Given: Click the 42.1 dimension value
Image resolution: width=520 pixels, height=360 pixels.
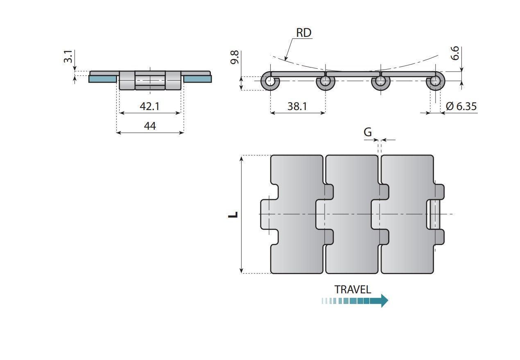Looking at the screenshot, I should point(149,106).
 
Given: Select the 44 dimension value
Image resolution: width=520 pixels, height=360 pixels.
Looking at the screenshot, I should point(150,126).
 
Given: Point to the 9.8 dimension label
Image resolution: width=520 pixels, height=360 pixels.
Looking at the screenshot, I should point(235,57).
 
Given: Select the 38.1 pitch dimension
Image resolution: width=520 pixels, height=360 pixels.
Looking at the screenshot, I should point(297,106).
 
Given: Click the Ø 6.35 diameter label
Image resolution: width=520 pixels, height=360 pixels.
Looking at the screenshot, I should point(461,106).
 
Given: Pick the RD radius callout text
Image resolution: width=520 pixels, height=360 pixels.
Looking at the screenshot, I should point(303,33).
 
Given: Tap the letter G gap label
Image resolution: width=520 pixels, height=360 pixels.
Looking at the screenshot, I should point(368,132).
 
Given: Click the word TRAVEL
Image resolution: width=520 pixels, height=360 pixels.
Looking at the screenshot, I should point(353,290).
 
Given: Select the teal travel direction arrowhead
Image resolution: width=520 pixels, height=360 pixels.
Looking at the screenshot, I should point(384,301).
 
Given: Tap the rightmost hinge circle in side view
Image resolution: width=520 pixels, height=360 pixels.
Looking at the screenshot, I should point(436,82).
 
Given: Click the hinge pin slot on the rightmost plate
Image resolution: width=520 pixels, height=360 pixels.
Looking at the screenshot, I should point(433,214).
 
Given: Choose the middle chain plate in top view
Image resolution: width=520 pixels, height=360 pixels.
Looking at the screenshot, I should point(351,245).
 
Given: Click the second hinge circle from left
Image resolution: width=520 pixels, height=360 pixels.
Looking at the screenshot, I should point(325,82).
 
